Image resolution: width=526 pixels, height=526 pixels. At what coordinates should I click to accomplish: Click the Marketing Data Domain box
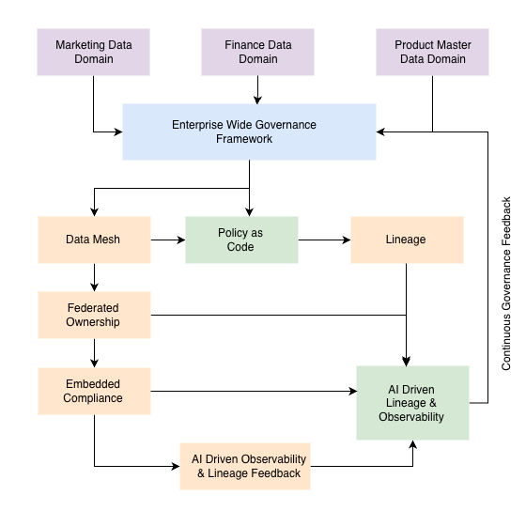pyautogui.click(x=94, y=52)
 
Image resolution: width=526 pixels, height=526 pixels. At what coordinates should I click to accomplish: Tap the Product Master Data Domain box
pyautogui.click(x=432, y=52)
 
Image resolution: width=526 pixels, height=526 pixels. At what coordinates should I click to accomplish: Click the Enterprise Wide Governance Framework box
pyautogui.click(x=249, y=131)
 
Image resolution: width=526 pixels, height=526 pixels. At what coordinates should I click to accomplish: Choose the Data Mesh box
pyautogui.click(x=94, y=240)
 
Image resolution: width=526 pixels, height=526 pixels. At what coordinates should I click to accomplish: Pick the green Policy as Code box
pyautogui.click(x=241, y=240)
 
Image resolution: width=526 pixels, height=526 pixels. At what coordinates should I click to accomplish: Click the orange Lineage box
pyautogui.click(x=406, y=240)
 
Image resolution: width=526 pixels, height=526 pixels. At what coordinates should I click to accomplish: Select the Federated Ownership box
pyautogui.click(x=94, y=315)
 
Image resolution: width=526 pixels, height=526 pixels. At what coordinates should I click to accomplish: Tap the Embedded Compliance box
pyautogui.click(x=94, y=391)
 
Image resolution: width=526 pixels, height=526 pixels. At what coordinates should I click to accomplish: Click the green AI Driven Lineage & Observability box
pyautogui.click(x=412, y=403)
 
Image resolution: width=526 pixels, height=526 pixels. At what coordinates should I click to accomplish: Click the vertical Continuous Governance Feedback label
pyautogui.click(x=506, y=283)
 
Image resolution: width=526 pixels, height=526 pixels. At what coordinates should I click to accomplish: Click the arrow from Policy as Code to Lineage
pyautogui.click(x=324, y=240)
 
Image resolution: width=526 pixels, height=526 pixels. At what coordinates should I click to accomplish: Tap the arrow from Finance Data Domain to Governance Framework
pyautogui.click(x=257, y=89)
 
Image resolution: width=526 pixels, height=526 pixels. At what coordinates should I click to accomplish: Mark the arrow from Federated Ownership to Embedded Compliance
pyautogui.click(x=94, y=352)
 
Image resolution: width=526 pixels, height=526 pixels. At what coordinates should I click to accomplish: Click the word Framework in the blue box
pyautogui.click(x=249, y=139)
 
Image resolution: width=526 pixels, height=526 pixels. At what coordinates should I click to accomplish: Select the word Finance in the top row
pyautogui.click(x=243, y=44)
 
